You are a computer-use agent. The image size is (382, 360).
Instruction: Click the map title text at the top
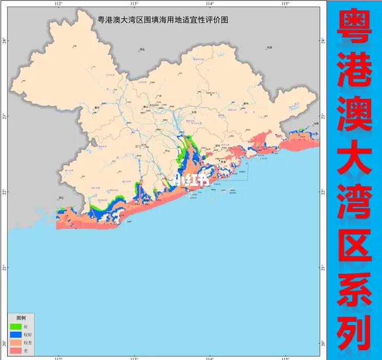pos(162,19)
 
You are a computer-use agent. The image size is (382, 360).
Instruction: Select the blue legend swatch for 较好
pos(15,334)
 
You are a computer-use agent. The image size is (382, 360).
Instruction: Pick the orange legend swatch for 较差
pos(15,342)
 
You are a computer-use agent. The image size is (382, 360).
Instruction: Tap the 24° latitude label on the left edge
pos(4,40)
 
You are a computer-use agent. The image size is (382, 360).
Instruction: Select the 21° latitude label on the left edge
pos(4,268)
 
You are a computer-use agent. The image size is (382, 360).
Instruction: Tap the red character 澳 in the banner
pos(354,119)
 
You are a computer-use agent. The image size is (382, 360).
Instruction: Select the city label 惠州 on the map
pos(246,103)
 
